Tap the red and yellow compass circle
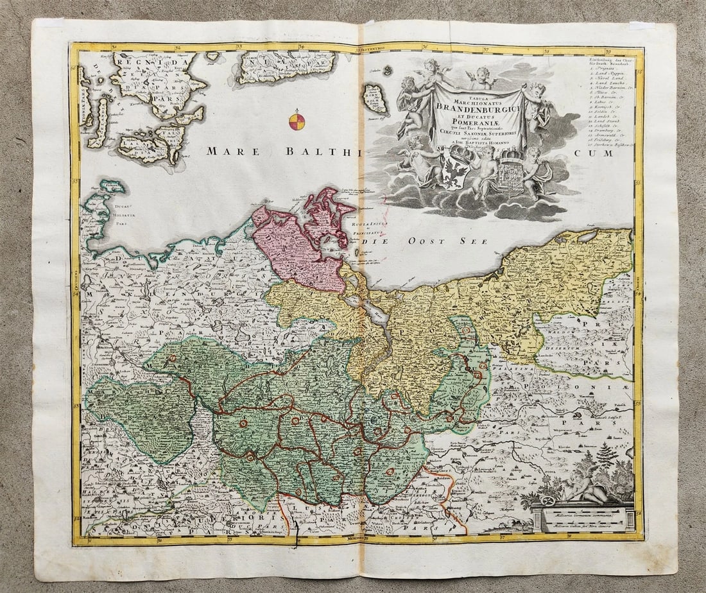(x=297, y=122)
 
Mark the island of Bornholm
(x=375, y=99)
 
